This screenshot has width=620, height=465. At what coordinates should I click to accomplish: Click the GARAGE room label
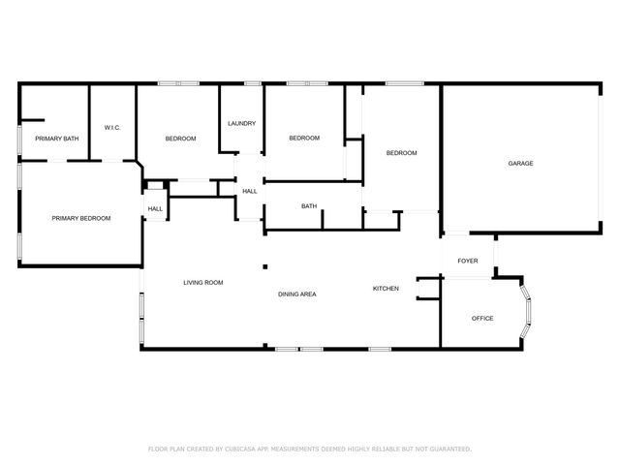pyautogui.click(x=520, y=164)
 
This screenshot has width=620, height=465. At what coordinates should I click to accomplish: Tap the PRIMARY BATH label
pyautogui.click(x=56, y=139)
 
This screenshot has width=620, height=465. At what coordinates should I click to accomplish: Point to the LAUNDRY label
pyautogui.click(x=241, y=123)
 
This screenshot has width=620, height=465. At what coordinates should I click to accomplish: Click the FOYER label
pyautogui.click(x=468, y=261)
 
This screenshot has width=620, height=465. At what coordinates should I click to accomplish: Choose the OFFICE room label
pyautogui.click(x=482, y=318)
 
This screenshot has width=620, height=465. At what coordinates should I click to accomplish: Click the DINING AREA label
pyautogui.click(x=297, y=294)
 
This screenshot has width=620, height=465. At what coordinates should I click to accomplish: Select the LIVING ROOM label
pyautogui.click(x=203, y=282)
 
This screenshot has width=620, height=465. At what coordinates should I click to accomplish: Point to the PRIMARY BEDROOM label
pyautogui.click(x=80, y=218)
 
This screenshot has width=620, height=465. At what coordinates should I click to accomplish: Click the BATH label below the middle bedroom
pyautogui.click(x=309, y=205)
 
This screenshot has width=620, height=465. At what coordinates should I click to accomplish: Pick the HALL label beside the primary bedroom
pyautogui.click(x=155, y=208)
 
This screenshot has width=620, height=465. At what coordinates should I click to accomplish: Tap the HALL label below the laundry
pyautogui.click(x=249, y=191)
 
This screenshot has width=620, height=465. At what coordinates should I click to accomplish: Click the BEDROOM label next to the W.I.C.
pyautogui.click(x=180, y=139)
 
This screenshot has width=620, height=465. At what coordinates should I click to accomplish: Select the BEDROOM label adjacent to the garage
pyautogui.click(x=401, y=153)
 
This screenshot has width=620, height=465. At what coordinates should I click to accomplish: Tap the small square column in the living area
pyautogui.click(x=263, y=267)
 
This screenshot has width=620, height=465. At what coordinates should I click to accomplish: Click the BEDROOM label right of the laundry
pyautogui.click(x=304, y=138)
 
